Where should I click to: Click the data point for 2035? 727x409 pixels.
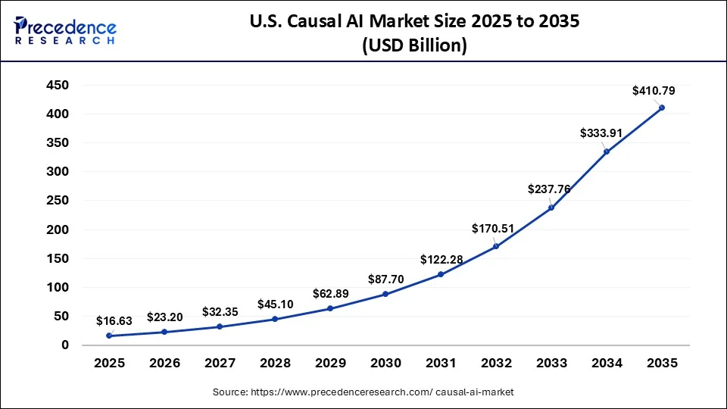click(x=661, y=108)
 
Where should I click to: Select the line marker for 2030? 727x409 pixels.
click(x=385, y=294)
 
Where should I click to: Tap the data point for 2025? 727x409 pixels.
click(x=110, y=336)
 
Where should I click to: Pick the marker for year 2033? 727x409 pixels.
click(x=551, y=208)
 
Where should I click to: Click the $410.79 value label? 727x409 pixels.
click(x=654, y=91)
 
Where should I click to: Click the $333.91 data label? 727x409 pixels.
click(x=601, y=133)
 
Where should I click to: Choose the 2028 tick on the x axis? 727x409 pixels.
click(x=275, y=364)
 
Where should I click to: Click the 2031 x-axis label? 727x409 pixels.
click(x=441, y=364)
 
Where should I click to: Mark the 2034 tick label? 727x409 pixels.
click(x=606, y=364)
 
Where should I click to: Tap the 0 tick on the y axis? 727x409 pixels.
click(x=65, y=345)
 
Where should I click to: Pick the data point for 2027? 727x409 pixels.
click(x=220, y=326)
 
